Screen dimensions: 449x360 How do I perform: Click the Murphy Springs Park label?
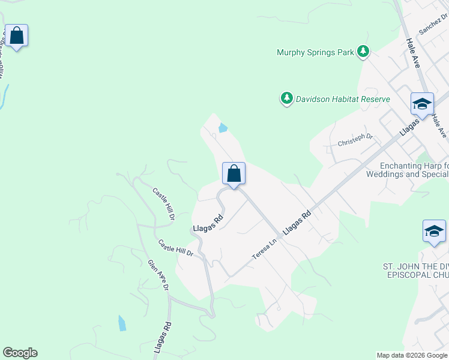coord(315,52)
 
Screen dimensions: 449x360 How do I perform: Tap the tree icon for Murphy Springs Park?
coord(363,52)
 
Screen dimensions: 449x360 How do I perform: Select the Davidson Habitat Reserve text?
coord(343,99)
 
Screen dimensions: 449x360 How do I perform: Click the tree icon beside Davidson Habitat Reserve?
coord(288,98)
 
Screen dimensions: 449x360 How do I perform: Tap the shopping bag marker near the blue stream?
coord(16,36)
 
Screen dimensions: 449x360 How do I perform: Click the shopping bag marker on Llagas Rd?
coord(234,174)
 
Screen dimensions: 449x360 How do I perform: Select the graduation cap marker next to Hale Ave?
coord(421,104)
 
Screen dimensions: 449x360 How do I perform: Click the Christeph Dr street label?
coord(355,140)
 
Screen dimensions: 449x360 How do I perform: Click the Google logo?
coord(20,353)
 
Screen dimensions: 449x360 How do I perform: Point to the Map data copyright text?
coord(412,355)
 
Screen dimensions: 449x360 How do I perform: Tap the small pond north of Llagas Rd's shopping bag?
coord(223,127)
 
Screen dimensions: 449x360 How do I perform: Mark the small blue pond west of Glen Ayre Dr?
coord(122,323)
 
